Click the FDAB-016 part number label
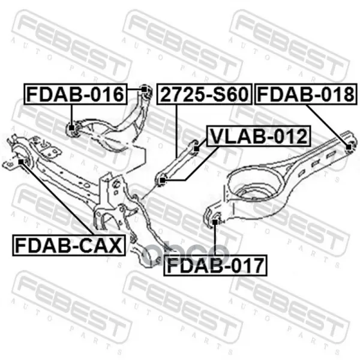(76, 94)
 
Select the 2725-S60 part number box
(205, 94)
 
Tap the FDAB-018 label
(306, 94)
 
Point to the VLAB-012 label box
(259, 136)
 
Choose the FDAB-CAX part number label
(69, 245)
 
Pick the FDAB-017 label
(215, 265)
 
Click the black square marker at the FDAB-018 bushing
(349, 147)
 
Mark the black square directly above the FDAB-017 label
(215, 222)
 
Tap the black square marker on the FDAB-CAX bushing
(21, 161)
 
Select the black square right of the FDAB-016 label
(144, 89)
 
